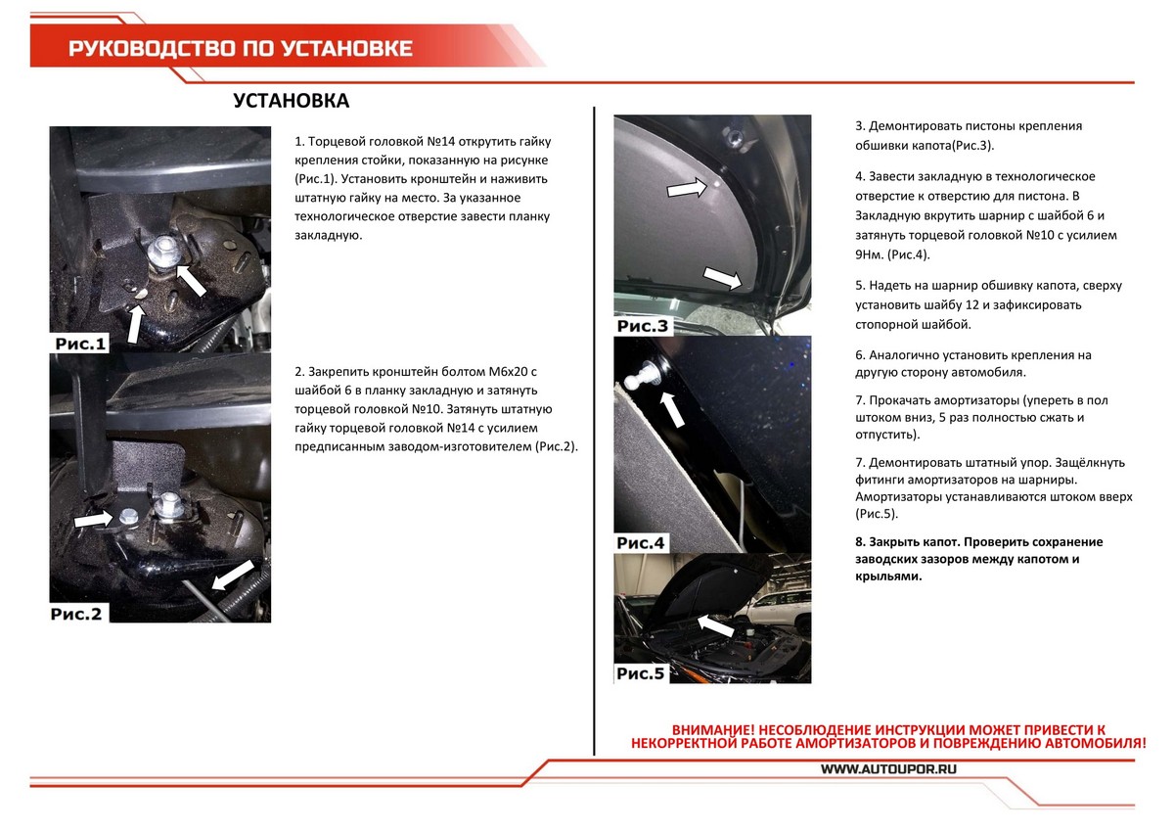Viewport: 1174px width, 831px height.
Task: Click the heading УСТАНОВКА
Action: [292, 102]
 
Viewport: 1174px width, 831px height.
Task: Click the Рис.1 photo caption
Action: [81, 344]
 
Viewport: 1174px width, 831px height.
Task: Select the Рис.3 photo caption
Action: [644, 325]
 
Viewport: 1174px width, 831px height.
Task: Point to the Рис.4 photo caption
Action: [642, 542]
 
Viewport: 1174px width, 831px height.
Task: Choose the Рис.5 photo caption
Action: [642, 672]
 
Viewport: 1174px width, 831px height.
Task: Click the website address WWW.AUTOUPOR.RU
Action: [888, 769]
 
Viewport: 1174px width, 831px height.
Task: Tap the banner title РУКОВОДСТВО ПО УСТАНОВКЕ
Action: [240, 49]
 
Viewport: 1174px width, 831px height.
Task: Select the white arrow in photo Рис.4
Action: [670, 407]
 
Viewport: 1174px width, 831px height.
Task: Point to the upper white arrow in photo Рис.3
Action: [689, 188]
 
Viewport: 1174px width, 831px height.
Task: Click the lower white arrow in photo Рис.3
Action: [722, 279]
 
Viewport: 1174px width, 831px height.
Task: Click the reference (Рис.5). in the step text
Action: [876, 513]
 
